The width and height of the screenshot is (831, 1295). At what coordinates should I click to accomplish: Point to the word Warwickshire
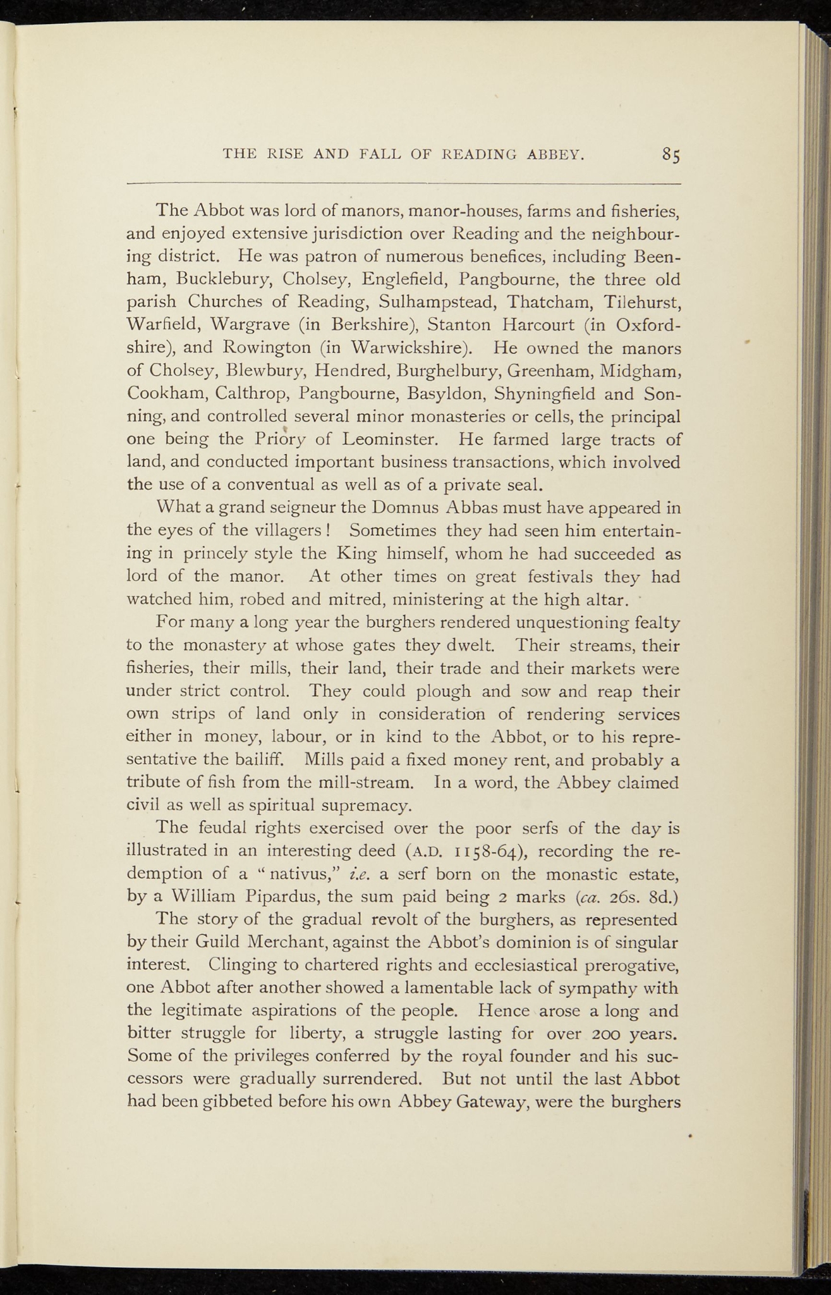[x=409, y=348]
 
